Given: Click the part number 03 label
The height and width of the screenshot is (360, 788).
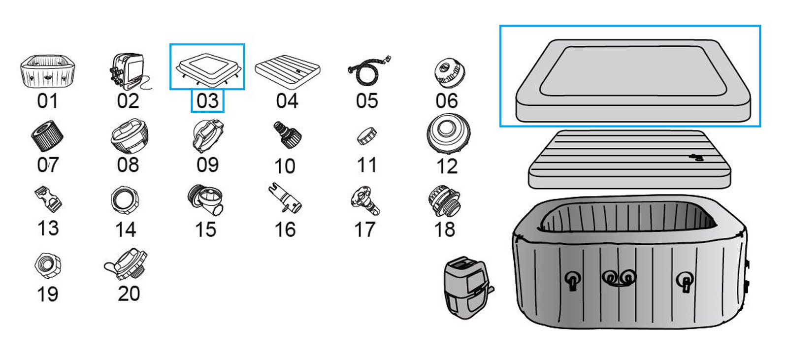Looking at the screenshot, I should coord(207,101).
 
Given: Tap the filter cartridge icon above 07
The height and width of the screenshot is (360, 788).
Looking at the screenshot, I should coord(47,135).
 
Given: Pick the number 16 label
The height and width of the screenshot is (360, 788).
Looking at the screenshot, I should coord(285,229).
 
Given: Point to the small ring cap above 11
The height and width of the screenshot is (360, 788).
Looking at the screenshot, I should coord(367,136).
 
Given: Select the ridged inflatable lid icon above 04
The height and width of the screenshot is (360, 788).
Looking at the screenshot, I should coord(288,71).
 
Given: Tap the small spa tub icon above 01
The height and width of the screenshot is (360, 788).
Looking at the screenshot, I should coord(47,72).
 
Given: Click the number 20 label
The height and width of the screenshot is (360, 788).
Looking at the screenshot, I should coord(129,294).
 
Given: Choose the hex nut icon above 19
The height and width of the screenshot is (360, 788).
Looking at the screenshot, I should coord(48,265).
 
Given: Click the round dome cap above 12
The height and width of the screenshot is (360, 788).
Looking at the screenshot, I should coord(448,133).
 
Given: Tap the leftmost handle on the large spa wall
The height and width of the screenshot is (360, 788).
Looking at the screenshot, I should coord(572,281).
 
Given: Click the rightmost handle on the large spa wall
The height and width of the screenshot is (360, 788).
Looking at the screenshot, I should coord(685,282).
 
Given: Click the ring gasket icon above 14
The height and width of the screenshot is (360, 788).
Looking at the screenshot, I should coord(125,199).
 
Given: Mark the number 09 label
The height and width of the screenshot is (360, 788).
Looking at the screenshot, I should coord(207,165).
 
